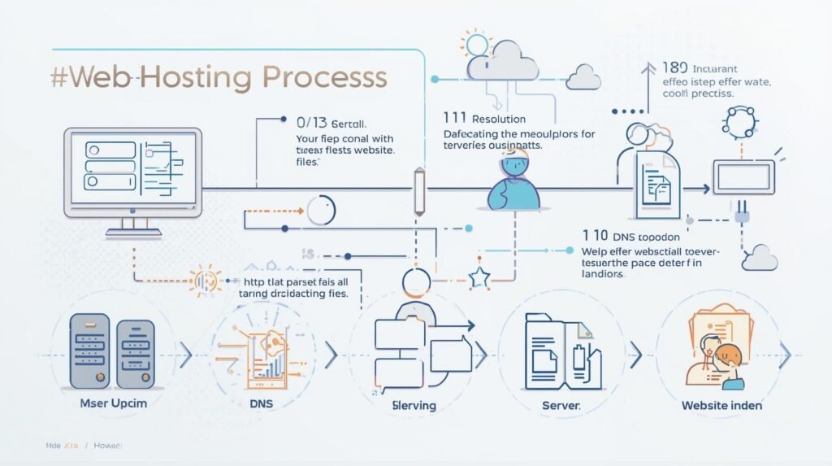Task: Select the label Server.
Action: [x=561, y=405]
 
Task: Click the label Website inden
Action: [x=721, y=405]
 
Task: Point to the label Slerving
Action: [x=414, y=405]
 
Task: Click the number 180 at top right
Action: [x=674, y=68]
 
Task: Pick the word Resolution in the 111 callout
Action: [x=499, y=120]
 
